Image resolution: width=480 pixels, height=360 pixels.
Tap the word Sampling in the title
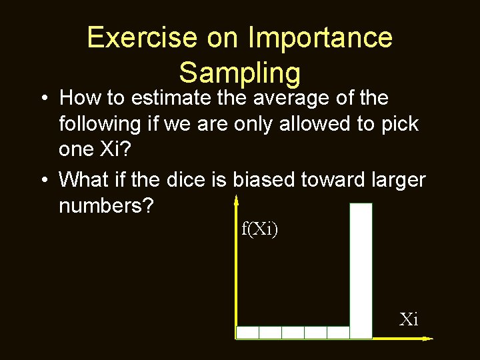coord(240,72)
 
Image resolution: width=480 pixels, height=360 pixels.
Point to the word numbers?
coord(107,206)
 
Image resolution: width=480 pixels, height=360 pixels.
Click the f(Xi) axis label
coord(260,231)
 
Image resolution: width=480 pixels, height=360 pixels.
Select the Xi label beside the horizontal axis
coord(409,319)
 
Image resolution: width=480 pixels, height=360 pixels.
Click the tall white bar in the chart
coord(361,270)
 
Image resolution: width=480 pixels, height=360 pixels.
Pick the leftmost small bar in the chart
coord(248,332)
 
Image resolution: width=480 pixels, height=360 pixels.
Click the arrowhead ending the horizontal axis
coord(427,339)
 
